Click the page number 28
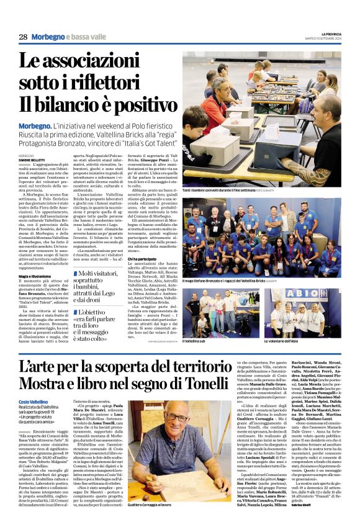23,37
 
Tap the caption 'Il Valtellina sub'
198,341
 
